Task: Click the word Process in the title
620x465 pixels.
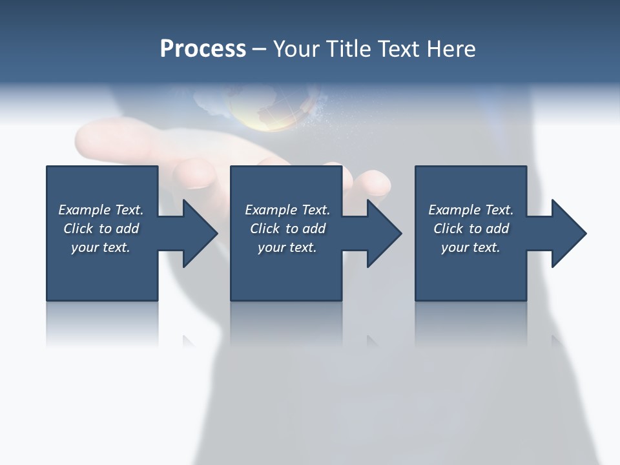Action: [x=203, y=49]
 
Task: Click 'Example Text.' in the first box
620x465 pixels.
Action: [x=101, y=210]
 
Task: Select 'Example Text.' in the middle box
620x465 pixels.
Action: [x=287, y=210]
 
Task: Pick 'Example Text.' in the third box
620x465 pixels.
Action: [x=471, y=210]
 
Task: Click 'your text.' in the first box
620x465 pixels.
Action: [x=101, y=247]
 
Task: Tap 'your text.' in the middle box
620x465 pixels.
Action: [x=287, y=247]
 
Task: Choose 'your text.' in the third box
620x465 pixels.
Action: [x=471, y=247]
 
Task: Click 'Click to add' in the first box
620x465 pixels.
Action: [x=101, y=229]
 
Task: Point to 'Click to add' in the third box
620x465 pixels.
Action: [x=471, y=229]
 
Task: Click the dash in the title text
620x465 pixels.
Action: [x=260, y=49]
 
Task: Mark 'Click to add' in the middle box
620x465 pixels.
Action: [x=287, y=229]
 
